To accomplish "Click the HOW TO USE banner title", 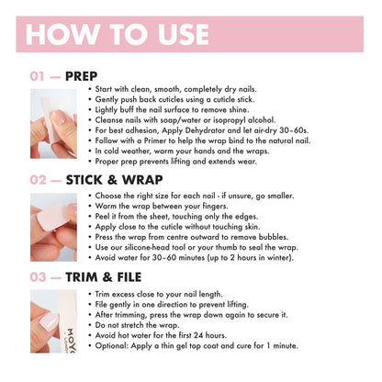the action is tap(118, 34).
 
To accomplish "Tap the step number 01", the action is tap(38, 76).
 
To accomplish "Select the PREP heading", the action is tap(82, 76).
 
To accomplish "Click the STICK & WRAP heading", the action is tap(114, 180).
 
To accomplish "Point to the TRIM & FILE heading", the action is tap(104, 277).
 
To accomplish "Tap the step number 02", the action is tap(38, 180).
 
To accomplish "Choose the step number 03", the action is tap(38, 277).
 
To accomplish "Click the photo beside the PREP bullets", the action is tap(53, 124).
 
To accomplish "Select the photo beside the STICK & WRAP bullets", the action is tap(53, 227).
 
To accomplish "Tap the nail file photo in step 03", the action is tap(53, 321).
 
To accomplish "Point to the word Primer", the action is tap(155, 140).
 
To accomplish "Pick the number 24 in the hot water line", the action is tap(198, 335).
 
